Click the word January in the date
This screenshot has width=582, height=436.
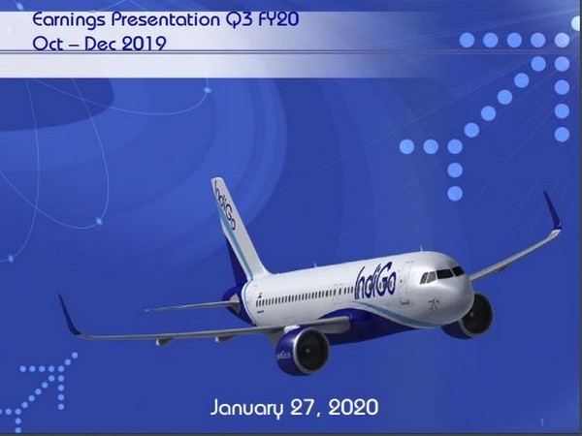tap(248, 407)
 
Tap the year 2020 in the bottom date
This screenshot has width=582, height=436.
tap(349, 407)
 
